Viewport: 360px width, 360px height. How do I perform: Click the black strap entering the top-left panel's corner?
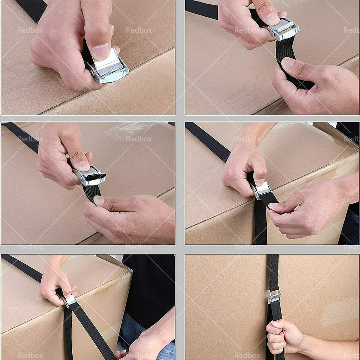coord(32,9)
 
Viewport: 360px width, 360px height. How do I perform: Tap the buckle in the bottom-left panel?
coord(69,300)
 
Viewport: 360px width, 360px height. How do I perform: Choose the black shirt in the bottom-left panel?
coord(151,284)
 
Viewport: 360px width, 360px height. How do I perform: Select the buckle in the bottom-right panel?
coord(274,296)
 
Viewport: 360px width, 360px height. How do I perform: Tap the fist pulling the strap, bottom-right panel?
coord(284,337)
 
